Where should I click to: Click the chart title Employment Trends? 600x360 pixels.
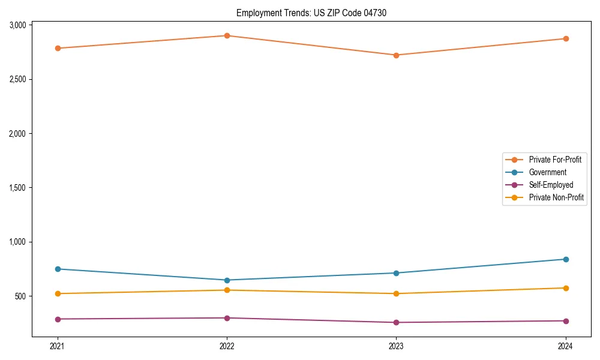click(x=307, y=13)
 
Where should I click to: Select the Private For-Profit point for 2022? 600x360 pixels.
click(x=227, y=35)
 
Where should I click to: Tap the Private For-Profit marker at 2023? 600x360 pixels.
click(x=396, y=55)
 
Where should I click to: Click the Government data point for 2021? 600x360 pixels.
click(x=58, y=269)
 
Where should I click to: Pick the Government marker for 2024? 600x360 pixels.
click(x=565, y=259)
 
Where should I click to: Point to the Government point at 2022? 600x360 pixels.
click(x=227, y=280)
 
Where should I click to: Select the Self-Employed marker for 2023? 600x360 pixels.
click(x=396, y=323)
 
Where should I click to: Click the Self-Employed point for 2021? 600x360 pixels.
click(x=58, y=319)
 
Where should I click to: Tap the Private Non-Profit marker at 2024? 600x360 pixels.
click(x=565, y=288)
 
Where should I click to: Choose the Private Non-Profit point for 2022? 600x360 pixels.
click(x=227, y=290)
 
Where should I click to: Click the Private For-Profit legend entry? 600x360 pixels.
click(x=555, y=160)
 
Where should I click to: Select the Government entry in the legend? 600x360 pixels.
click(x=547, y=172)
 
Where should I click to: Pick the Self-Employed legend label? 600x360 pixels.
click(x=551, y=185)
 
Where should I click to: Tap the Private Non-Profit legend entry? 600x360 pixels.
click(x=556, y=197)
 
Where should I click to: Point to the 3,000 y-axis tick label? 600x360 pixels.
click(x=17, y=25)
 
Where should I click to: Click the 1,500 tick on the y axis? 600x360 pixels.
click(x=17, y=188)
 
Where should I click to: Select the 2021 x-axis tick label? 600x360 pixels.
click(x=58, y=346)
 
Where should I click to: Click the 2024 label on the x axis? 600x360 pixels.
click(x=565, y=346)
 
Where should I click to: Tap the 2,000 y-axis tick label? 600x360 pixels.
click(x=17, y=134)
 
